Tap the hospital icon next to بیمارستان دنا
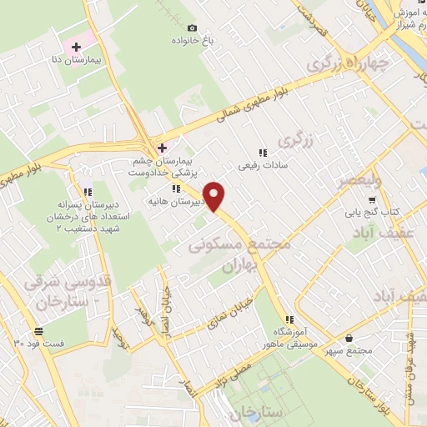(x=76, y=47)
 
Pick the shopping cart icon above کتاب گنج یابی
(x=370, y=199)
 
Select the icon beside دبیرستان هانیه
(x=175, y=189)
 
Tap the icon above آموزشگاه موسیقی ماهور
(x=289, y=319)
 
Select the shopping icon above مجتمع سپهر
(x=348, y=338)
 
